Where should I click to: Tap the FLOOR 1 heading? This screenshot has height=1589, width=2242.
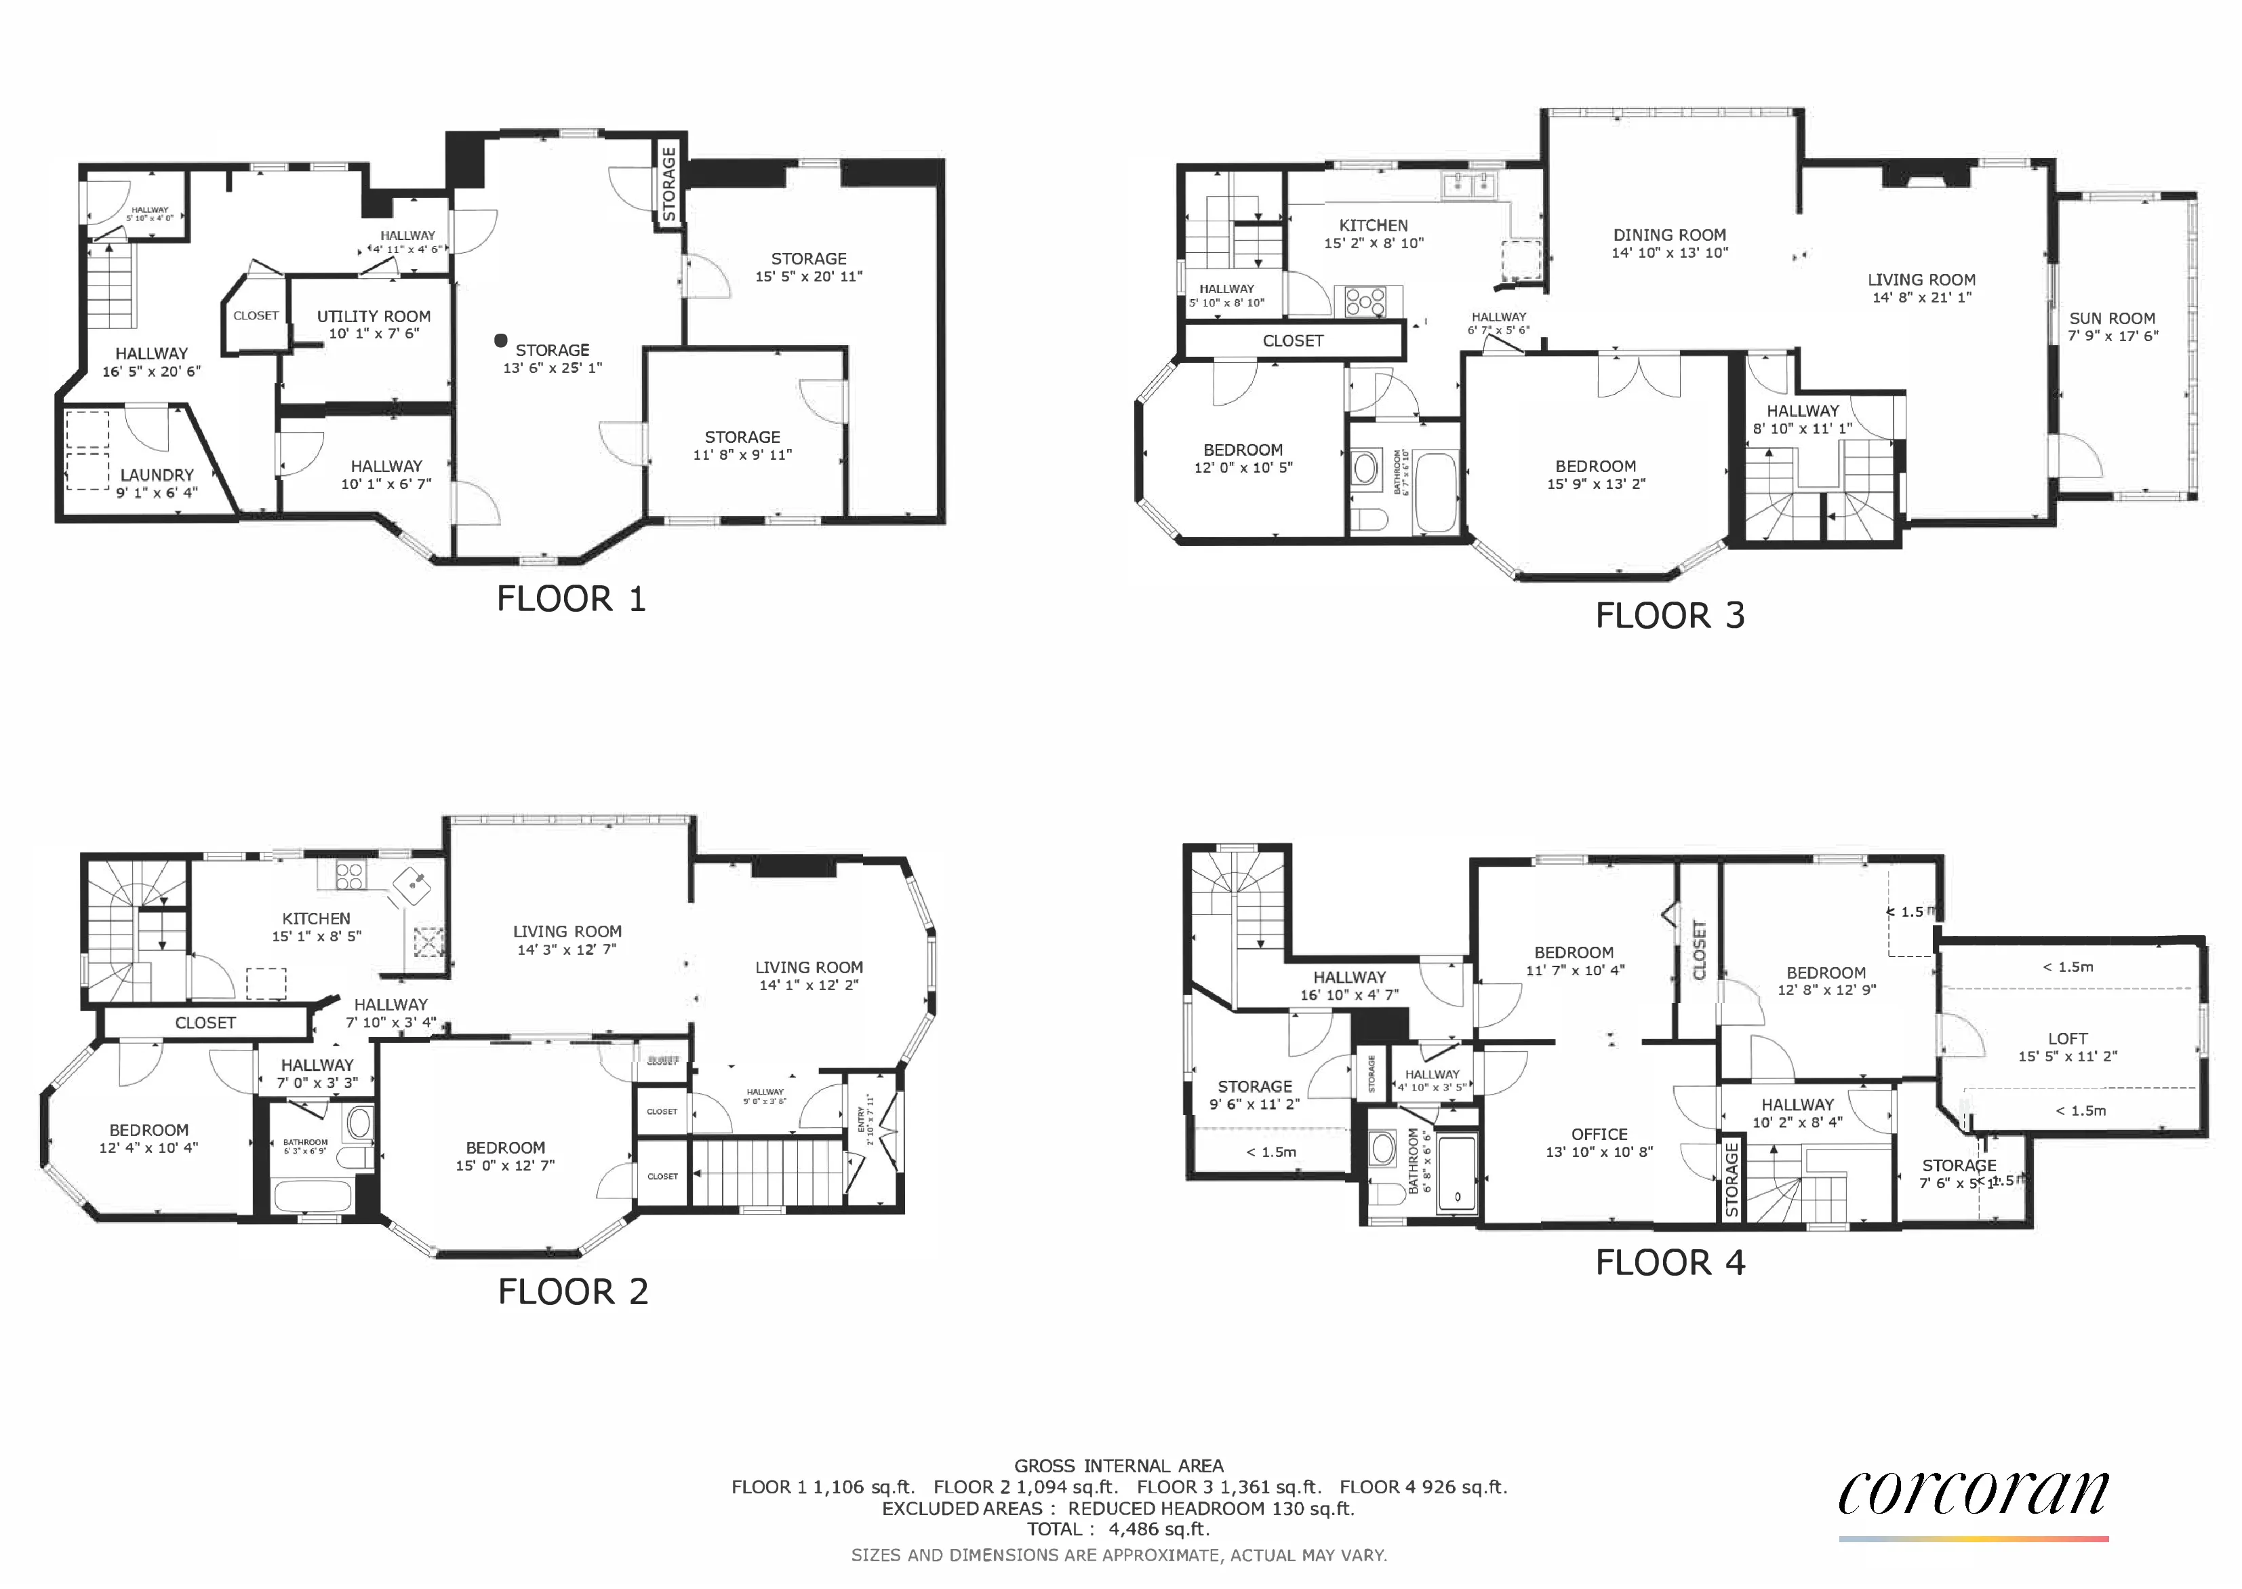click(572, 599)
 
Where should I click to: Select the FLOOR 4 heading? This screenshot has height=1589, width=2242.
click(1670, 1262)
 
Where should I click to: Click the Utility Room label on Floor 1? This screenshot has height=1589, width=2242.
click(374, 317)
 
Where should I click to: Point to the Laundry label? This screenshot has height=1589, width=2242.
click(157, 475)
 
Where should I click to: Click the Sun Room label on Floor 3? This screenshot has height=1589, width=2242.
click(2112, 319)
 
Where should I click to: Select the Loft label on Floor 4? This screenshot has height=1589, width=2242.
click(2067, 1039)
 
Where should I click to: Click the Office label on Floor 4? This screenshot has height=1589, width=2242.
click(1599, 1134)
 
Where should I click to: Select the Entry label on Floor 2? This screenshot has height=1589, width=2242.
click(862, 1116)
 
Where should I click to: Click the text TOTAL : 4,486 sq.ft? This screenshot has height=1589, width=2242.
click(1118, 1529)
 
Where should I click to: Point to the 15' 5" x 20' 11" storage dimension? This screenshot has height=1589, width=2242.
click(808, 277)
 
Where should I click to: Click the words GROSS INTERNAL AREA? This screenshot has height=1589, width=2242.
click(1118, 1466)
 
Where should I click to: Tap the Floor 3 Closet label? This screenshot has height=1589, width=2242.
click(1292, 340)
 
